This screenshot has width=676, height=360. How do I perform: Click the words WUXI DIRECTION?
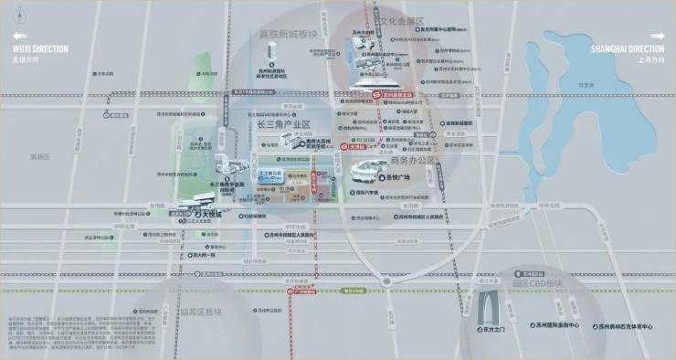(x=40, y=48)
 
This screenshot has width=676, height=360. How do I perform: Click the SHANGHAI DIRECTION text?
(x=628, y=48)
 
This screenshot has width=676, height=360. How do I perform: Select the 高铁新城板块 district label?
(x=288, y=35)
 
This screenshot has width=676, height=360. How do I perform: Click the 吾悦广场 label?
(x=395, y=180)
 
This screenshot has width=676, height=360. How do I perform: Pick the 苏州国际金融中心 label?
(x=554, y=324)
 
